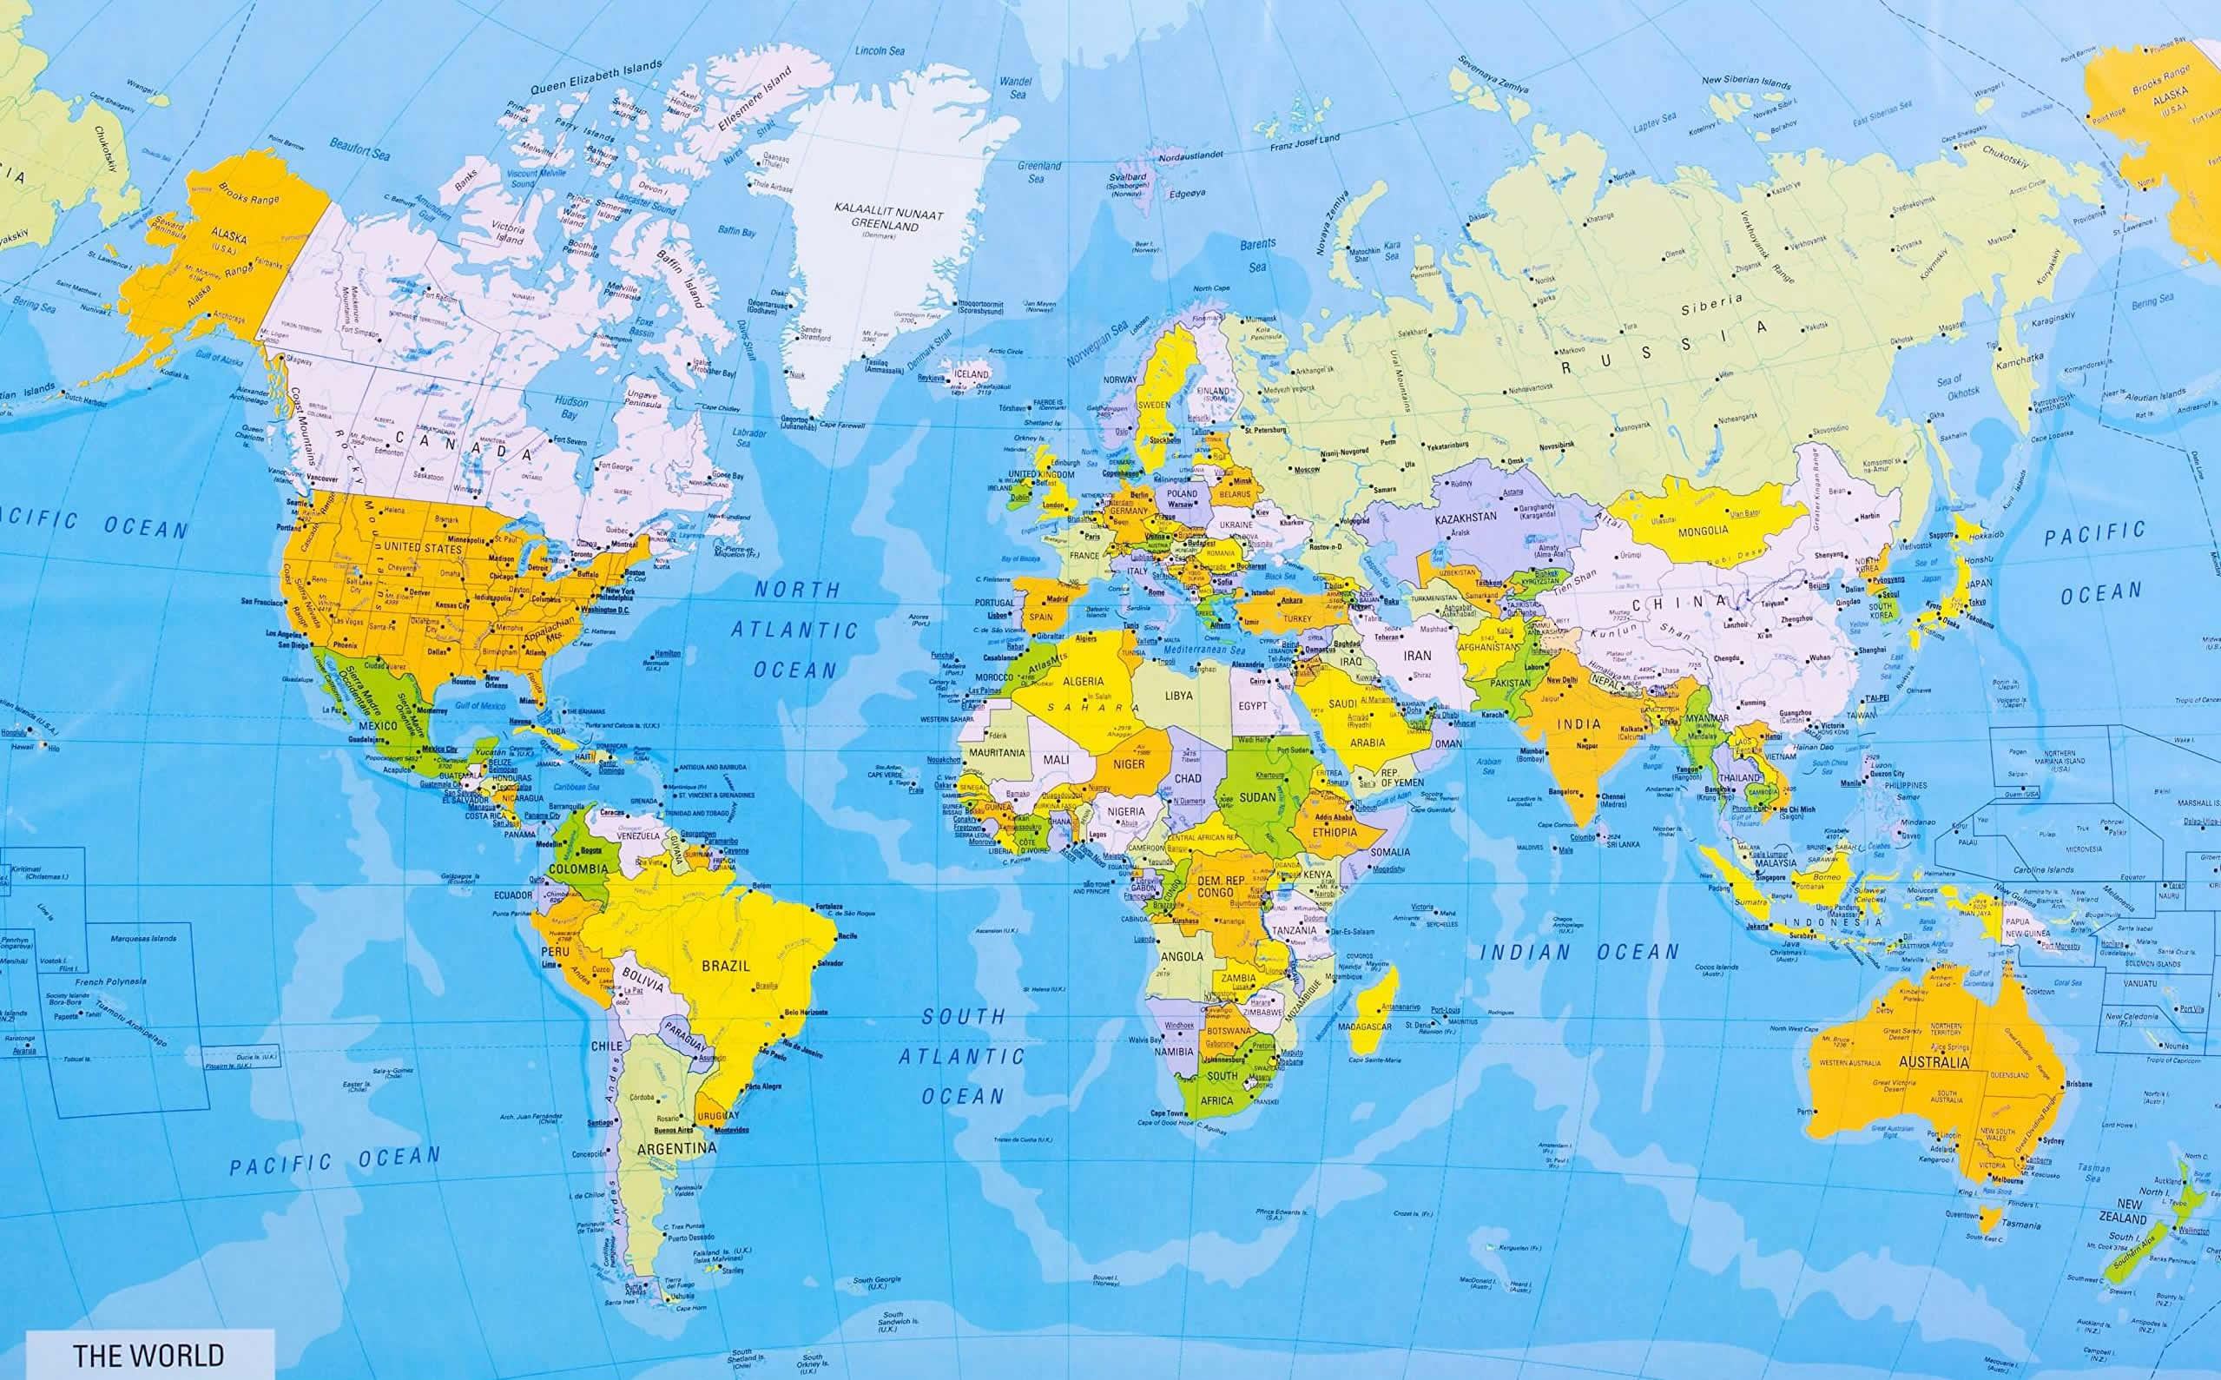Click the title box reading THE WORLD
(148, 1355)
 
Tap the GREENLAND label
(887, 221)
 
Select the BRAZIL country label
(726, 965)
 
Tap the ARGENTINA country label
(676, 1148)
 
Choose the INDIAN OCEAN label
(1578, 952)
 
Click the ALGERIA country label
(1083, 681)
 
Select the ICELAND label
(970, 374)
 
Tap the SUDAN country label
(1257, 796)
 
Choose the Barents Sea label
(1257, 255)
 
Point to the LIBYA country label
(1178, 696)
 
